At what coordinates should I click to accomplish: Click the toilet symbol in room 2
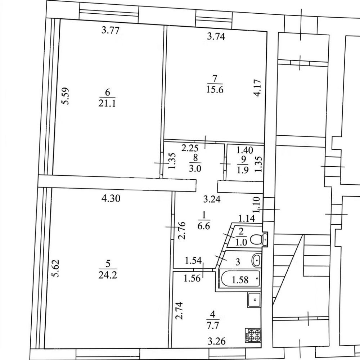[258, 239]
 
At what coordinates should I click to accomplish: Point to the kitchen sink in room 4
[254, 300]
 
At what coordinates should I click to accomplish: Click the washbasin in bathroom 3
[256, 260]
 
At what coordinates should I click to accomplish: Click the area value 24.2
[108, 275]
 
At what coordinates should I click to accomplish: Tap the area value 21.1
[107, 103]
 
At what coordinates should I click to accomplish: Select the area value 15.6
[215, 90]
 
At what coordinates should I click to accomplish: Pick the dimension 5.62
[55, 268]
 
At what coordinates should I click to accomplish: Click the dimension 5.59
[66, 96]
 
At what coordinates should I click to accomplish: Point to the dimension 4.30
[111, 198]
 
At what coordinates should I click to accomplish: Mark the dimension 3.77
[111, 30]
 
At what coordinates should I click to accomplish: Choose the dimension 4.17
[258, 88]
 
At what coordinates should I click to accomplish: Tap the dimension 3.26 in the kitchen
[216, 341]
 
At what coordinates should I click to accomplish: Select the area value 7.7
[213, 325]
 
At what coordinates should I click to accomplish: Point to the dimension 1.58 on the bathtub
[240, 280]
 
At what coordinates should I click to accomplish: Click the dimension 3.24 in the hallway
[212, 199]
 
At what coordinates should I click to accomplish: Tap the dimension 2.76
[182, 230]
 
